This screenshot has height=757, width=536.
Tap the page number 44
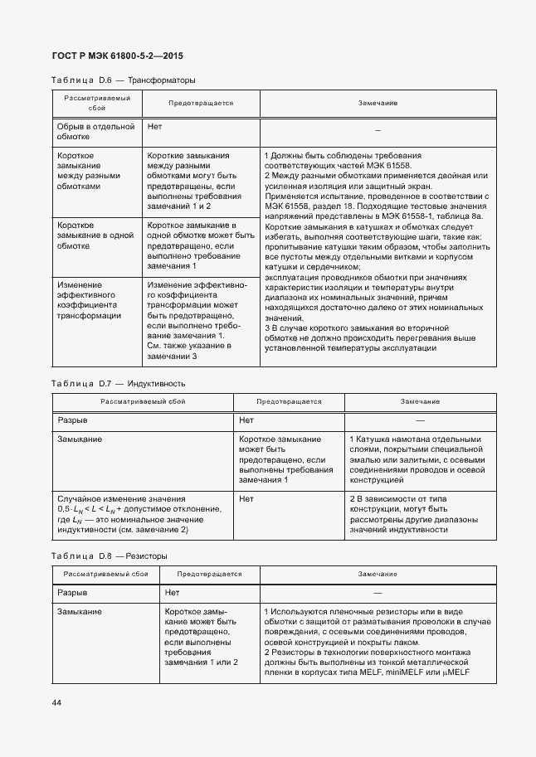pos(56,703)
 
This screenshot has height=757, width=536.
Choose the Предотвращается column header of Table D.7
pos(288,401)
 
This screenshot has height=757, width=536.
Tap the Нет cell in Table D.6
pos(154,127)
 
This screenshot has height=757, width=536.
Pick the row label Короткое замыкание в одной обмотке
pos(95,235)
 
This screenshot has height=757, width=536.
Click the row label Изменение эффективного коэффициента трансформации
pos(89,303)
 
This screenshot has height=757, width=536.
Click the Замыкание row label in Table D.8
pos(80,611)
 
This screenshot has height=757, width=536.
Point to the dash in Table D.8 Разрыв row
pos(378,593)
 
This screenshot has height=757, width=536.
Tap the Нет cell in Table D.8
pos(172,593)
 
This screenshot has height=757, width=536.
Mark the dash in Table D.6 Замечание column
pos(378,131)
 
